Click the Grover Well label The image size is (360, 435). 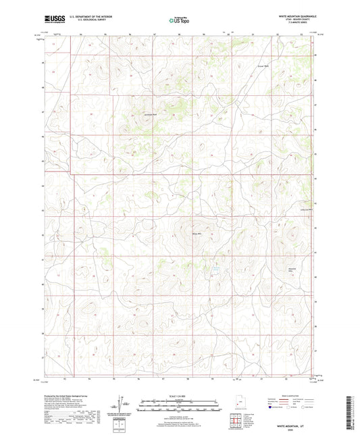263,66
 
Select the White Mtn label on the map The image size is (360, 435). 198,234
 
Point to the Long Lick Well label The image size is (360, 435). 306,209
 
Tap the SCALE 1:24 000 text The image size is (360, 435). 180,396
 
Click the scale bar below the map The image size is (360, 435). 180,406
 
